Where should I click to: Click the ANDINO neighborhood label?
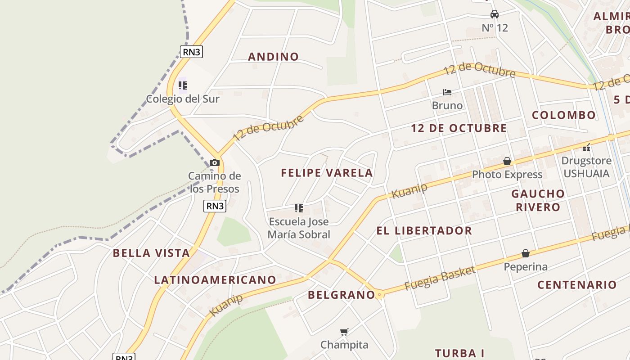pyautogui.click(x=273, y=57)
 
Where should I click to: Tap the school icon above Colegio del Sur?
pyautogui.click(x=182, y=85)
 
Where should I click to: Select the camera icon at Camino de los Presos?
pyautogui.click(x=215, y=162)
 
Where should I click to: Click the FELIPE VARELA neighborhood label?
pyautogui.click(x=327, y=173)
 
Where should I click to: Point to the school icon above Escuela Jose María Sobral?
pyautogui.click(x=299, y=208)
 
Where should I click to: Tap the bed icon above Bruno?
pyautogui.click(x=447, y=92)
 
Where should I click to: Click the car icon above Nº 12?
pyautogui.click(x=495, y=14)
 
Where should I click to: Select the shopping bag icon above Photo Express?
pyautogui.click(x=507, y=161)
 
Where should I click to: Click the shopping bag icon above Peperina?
pyautogui.click(x=525, y=253)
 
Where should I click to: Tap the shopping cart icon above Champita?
pyautogui.click(x=344, y=332)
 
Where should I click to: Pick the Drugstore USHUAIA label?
pyautogui.click(x=586, y=167)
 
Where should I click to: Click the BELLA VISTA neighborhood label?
pyautogui.click(x=151, y=253)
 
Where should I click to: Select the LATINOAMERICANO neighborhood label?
pyautogui.click(x=215, y=280)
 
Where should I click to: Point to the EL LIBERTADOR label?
pyautogui.click(x=424, y=231)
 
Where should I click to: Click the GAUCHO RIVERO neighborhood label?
pyautogui.click(x=538, y=200)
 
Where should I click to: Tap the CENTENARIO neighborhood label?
pyautogui.click(x=577, y=285)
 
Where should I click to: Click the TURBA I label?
pyautogui.click(x=459, y=353)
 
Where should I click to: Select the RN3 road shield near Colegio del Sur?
pyautogui.click(x=192, y=52)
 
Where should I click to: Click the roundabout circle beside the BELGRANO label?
pyautogui.click(x=379, y=295)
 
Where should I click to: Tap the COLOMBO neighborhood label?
pyautogui.click(x=564, y=115)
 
